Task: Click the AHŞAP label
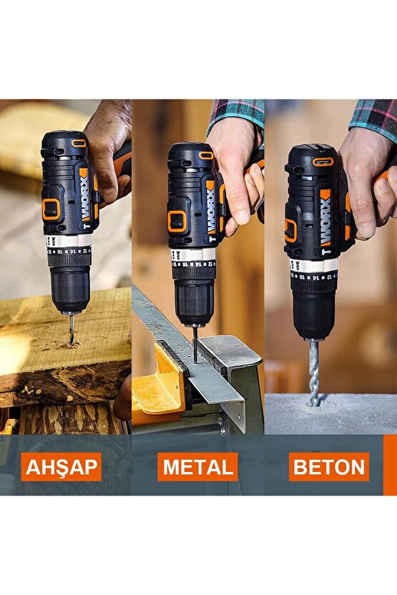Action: click(61, 467)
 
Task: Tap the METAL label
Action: click(197, 467)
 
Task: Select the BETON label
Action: click(329, 467)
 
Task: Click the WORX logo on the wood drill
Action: click(84, 195)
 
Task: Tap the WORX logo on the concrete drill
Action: click(326, 218)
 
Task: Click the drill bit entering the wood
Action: click(71, 329)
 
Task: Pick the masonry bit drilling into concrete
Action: click(314, 372)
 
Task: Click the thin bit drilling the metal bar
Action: click(195, 343)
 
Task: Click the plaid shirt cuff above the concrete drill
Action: click(373, 117)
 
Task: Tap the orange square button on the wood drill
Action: click(51, 209)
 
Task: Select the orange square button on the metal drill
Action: click(177, 222)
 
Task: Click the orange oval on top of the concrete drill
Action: click(323, 162)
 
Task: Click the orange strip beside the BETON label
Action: click(390, 466)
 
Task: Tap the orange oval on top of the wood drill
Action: click(79, 143)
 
